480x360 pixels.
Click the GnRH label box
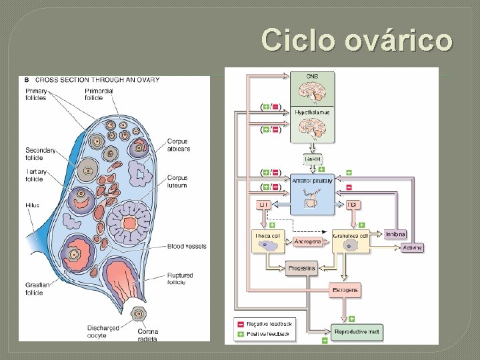tap(312, 160)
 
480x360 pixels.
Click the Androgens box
tap(307, 241)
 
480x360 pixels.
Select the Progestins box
tap(301, 269)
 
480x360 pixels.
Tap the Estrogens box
tap(345, 290)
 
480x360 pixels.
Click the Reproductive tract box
tap(358, 331)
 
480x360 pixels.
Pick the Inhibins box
tap(395, 233)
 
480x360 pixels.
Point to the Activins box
tap(411, 248)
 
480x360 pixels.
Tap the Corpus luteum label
tap(177, 181)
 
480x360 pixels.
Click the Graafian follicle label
tap(35, 288)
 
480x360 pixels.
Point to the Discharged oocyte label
tap(103, 331)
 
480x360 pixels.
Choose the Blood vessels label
tap(187, 246)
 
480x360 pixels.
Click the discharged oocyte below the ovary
tap(139, 313)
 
